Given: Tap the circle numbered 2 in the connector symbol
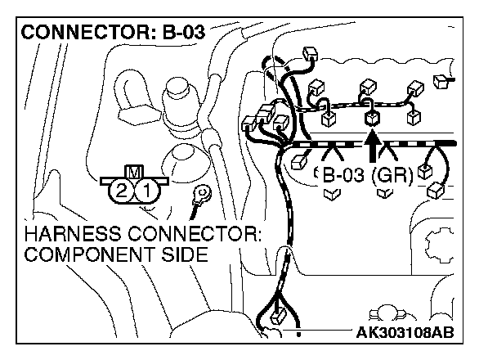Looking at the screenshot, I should pyautogui.click(x=122, y=191).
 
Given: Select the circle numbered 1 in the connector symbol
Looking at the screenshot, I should pyautogui.click(x=145, y=191).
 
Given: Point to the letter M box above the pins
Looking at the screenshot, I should pyautogui.click(x=133, y=173).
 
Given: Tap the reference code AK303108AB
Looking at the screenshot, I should pyautogui.click(x=405, y=331).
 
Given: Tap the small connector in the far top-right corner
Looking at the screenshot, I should pyautogui.click(x=442, y=81).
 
